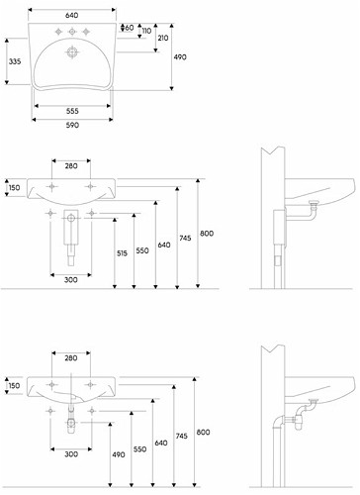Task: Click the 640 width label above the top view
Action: [72, 15]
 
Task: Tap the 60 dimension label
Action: [130, 28]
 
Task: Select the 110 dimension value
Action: [146, 31]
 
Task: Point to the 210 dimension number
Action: [163, 38]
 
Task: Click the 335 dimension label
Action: [15, 61]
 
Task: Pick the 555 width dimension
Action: [72, 111]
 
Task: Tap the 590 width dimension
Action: [72, 125]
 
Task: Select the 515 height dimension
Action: [122, 253]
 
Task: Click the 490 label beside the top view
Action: [180, 57]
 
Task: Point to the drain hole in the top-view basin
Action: [72, 52]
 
